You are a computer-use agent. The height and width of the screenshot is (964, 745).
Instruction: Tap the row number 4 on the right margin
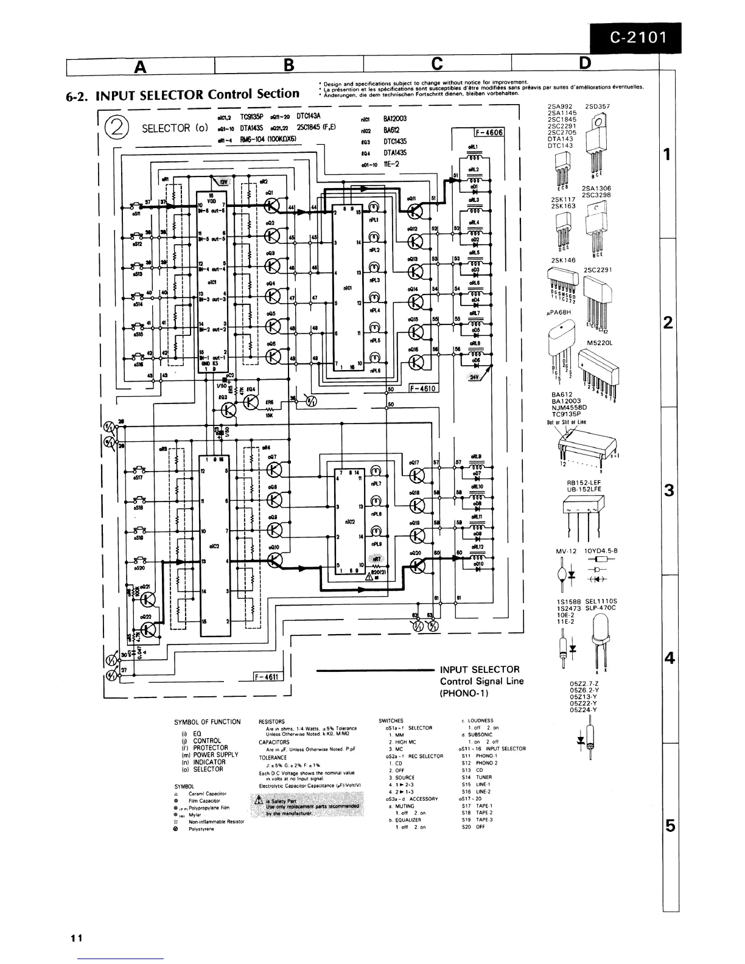670,659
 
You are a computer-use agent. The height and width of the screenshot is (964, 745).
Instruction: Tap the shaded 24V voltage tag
475,377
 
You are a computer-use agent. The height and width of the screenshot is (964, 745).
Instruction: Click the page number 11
75,938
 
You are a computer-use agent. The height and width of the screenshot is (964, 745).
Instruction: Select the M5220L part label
599,343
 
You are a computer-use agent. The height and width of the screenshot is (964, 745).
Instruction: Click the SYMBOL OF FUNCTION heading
207,722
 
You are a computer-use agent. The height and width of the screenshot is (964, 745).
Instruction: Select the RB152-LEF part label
583,482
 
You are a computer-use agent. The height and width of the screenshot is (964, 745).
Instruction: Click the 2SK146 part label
562,260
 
